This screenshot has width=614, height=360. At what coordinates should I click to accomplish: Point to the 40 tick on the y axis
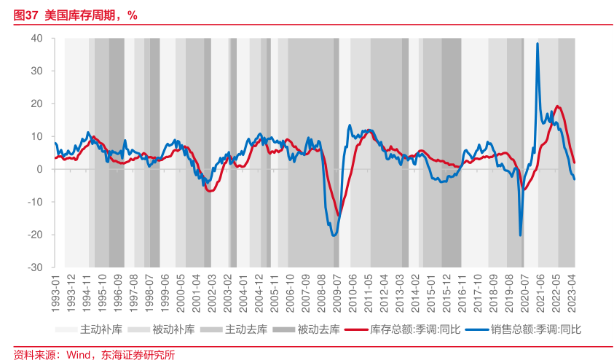pyautogui.click(x=36, y=38)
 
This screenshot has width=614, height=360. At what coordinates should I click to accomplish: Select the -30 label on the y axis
pyautogui.click(x=34, y=267)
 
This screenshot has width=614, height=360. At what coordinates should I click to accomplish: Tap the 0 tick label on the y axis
pyautogui.click(x=39, y=169)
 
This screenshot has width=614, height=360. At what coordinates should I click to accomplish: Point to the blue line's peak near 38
pyautogui.click(x=538, y=44)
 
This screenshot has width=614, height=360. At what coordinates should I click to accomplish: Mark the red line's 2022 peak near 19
pyautogui.click(x=558, y=106)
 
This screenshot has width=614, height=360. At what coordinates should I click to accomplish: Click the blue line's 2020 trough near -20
pyautogui.click(x=520, y=235)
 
